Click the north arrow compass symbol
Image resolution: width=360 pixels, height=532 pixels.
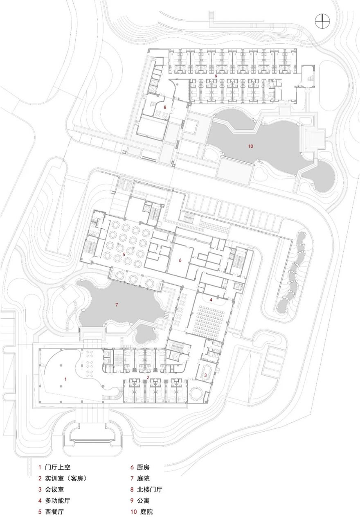tap(322, 21)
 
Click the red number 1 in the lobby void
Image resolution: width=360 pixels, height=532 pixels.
tap(65, 379)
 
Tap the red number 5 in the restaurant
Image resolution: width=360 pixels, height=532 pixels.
tap(124, 254)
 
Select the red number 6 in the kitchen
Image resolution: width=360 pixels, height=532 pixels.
tap(180, 260)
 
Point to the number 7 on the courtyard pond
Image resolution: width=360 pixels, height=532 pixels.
tap(116, 304)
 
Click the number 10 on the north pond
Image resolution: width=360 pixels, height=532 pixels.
tap(250, 146)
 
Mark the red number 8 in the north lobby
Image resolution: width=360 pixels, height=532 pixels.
tap(165, 107)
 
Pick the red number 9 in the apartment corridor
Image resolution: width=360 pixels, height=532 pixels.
tap(216, 76)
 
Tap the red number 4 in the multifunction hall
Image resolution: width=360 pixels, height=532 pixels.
tap(211, 300)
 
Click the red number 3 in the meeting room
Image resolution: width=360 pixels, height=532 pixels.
tap(206, 375)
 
